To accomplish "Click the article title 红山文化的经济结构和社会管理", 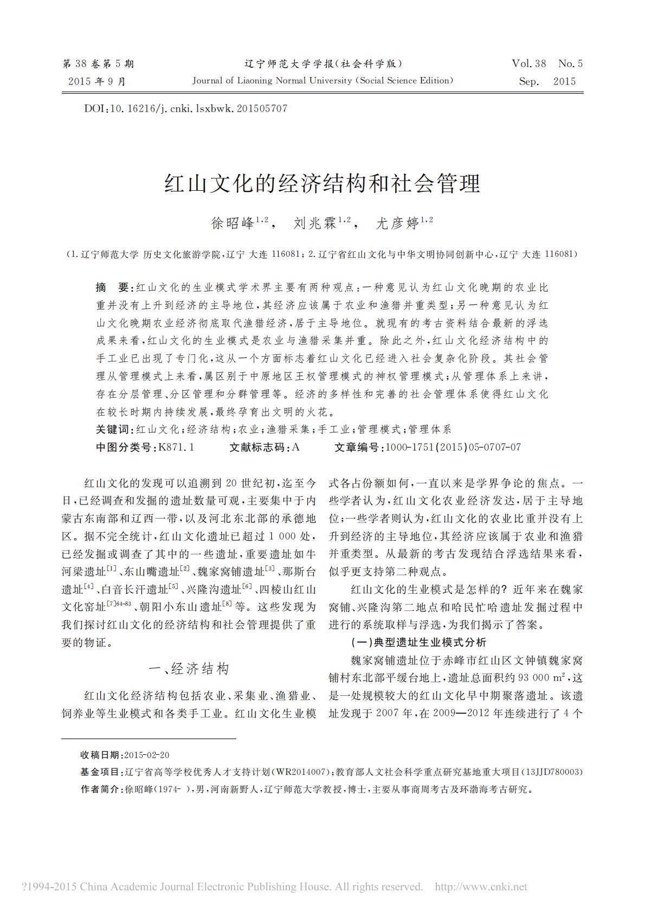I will coord(322,184).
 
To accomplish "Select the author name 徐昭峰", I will coord(233,223).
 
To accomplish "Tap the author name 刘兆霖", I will coord(315,223).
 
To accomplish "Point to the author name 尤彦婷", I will coord(397,223).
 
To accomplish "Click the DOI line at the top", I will coord(185,108).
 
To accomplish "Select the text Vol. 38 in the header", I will coord(529,64).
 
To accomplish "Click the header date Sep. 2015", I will coord(547,82).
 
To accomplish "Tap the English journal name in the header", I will coord(322,81).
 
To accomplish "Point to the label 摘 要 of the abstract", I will coord(112,287).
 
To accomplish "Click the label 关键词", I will coord(113,430).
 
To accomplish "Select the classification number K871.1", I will coord(176,447).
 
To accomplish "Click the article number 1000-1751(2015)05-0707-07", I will coord(453,447).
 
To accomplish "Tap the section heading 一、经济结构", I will coord(189,669).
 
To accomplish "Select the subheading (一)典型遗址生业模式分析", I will coord(419,643).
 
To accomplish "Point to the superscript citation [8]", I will coord(228,603).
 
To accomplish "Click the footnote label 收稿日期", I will coord(101,755).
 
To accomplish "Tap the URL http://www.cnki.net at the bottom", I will coord(481,887).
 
